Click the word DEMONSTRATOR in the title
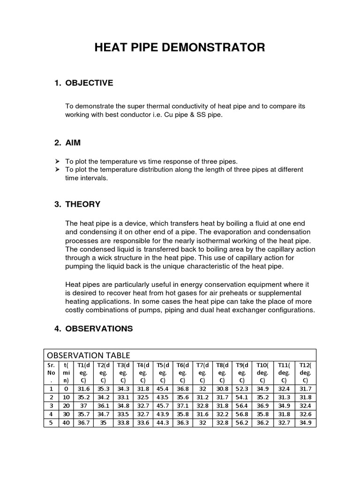pyautogui.click(x=224, y=47)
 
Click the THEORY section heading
pyautogui.click(x=83, y=204)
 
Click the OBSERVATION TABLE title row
pyautogui.click(x=88, y=355)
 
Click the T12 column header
pyautogui.click(x=305, y=373)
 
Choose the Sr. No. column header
pyautogui.click(x=51, y=373)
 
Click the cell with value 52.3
pyautogui.click(x=242, y=389)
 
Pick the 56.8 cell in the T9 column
pyautogui.click(x=242, y=414)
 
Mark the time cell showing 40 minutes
pyautogui.click(x=66, y=422)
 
